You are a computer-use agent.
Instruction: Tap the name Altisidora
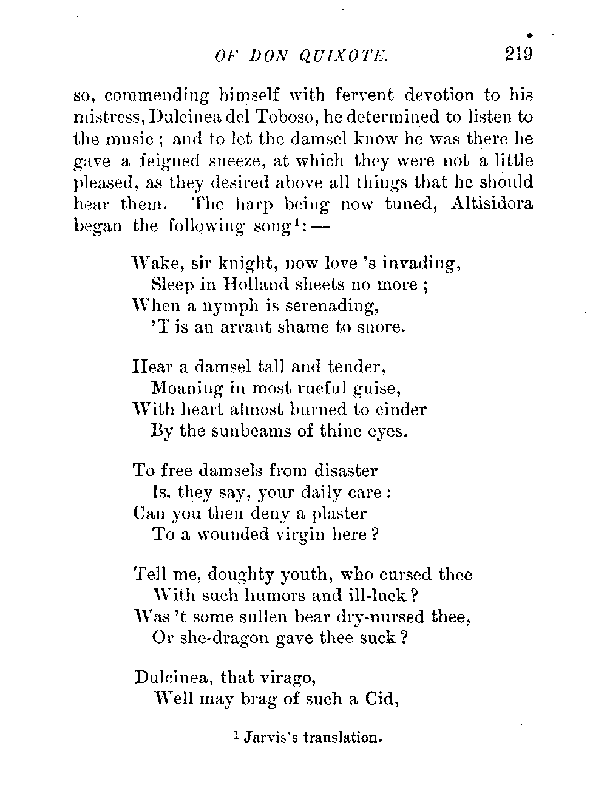pyautogui.click(x=492, y=203)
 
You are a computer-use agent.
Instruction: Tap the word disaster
pyautogui.click(x=346, y=471)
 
